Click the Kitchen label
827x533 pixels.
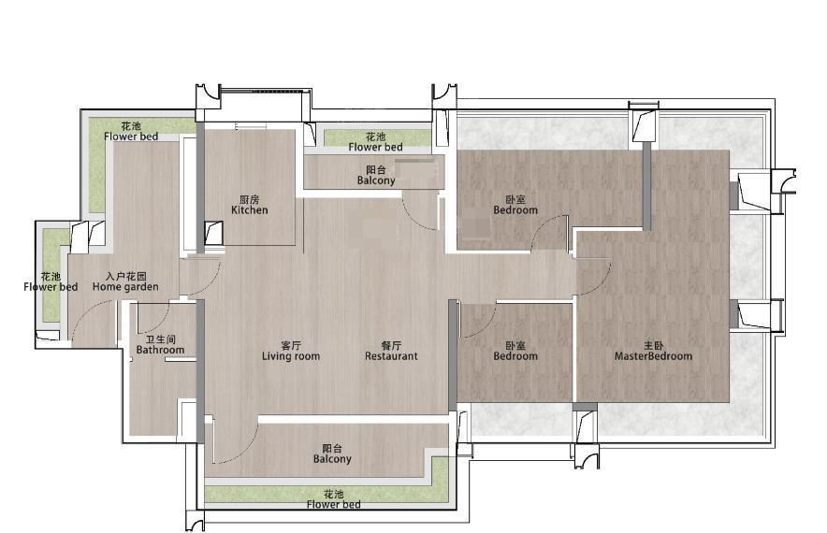pos(250,209)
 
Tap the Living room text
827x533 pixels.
pos(291,356)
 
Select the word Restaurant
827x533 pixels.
pos(391,356)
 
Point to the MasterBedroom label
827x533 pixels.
pos(653,356)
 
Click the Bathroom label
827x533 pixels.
pos(160,350)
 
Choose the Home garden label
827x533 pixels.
pos(125,287)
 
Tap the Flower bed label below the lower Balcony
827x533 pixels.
pos(333,505)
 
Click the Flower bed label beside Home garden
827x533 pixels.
pos(51,287)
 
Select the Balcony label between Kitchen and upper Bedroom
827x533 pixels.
pos(375,180)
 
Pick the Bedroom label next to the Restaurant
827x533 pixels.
pos(515,356)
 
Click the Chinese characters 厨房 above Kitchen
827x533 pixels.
pos(250,199)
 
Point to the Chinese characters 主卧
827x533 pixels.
pos(654,346)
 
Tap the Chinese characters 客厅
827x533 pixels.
pos(291,345)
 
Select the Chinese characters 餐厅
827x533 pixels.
pos(391,345)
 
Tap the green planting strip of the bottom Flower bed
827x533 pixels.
pos(327,493)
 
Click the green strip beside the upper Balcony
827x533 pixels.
pos(377,138)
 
